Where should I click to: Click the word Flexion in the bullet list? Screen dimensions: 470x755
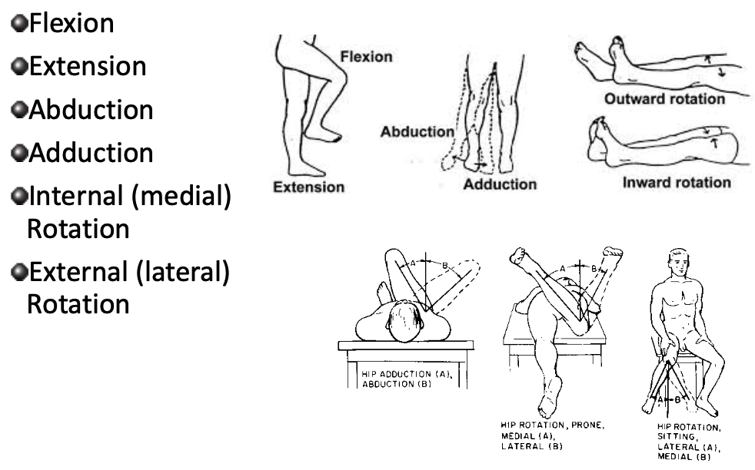click(x=71, y=23)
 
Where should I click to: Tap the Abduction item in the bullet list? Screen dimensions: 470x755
click(x=89, y=110)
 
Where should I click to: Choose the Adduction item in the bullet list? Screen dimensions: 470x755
click(x=89, y=153)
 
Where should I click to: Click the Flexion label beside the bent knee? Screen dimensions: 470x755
click(x=366, y=57)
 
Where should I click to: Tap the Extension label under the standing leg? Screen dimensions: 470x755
click(x=308, y=187)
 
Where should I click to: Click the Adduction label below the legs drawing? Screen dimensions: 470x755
click(x=501, y=184)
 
